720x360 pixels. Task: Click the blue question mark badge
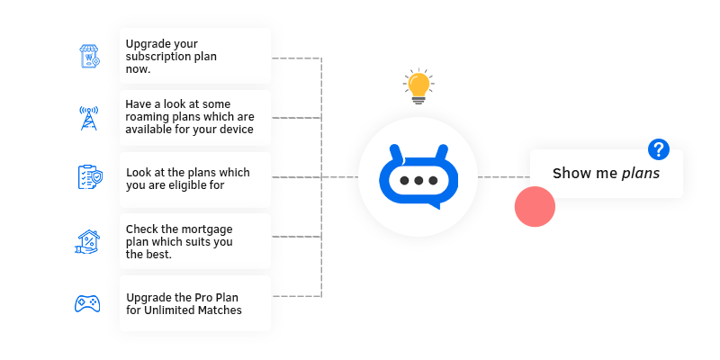coord(659,149)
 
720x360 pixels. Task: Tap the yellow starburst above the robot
coord(418,85)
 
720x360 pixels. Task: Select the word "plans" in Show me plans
coord(641,174)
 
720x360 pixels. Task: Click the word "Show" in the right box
coord(571,174)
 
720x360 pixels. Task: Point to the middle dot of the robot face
coord(418,181)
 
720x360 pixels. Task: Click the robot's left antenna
coord(395,151)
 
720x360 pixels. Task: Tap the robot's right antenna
coord(441,151)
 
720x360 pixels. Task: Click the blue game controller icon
coord(87,303)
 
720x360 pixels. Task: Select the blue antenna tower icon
coord(88,118)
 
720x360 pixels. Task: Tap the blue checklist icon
coord(88,177)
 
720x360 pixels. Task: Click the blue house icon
coord(87,241)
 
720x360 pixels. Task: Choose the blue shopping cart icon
coord(88,57)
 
